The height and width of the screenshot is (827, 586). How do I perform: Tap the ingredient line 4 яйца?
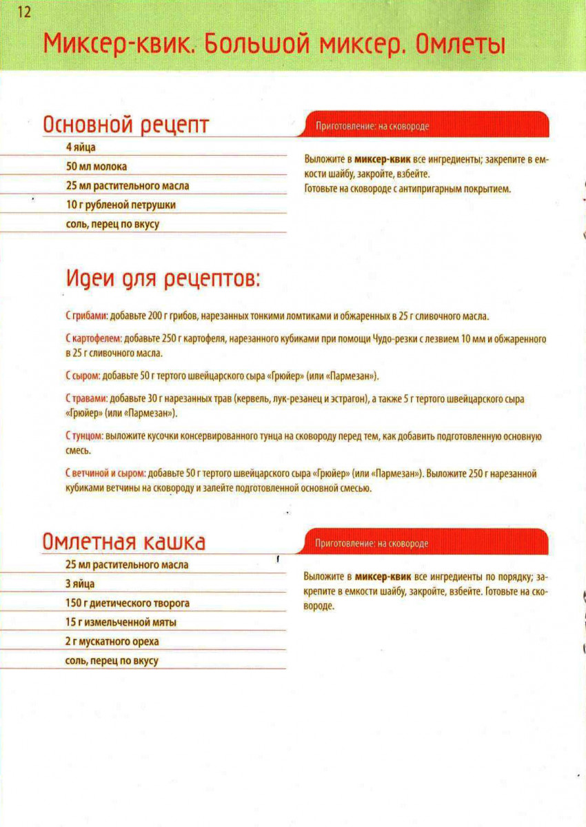[81, 147]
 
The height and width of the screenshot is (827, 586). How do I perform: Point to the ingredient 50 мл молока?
[97, 167]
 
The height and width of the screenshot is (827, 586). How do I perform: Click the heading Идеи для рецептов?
[163, 279]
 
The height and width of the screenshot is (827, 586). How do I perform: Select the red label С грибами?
[86, 316]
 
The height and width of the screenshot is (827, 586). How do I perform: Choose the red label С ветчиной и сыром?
[105, 474]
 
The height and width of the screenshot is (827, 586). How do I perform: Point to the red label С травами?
[86, 399]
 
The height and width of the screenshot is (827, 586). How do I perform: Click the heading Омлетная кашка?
[124, 542]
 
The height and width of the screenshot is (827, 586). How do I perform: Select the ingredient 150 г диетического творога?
[128, 603]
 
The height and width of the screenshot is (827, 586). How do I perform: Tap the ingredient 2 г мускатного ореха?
[112, 642]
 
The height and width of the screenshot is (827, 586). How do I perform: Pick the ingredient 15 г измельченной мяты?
[121, 622]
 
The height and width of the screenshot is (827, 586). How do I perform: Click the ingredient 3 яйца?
[80, 584]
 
